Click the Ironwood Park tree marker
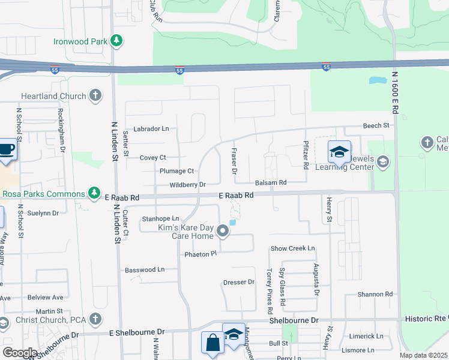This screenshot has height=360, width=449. click(x=116, y=41)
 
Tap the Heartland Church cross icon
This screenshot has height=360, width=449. click(x=95, y=95)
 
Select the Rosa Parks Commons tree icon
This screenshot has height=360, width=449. click(x=94, y=193)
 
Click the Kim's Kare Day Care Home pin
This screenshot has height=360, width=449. click(x=223, y=231)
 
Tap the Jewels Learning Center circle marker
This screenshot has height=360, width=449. click(x=384, y=161)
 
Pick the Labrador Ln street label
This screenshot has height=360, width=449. click(x=151, y=128)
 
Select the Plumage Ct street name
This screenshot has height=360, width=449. click(x=176, y=171)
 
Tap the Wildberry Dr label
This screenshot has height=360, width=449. click(x=188, y=185)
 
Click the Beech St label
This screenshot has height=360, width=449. click(x=376, y=125)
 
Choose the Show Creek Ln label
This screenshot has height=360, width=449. click(x=292, y=248)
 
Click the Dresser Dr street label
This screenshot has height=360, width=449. click(x=239, y=282)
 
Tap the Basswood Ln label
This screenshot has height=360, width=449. click(x=145, y=270)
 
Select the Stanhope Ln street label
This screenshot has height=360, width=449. click(x=160, y=218)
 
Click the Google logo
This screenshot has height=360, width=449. click(x=20, y=353)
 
